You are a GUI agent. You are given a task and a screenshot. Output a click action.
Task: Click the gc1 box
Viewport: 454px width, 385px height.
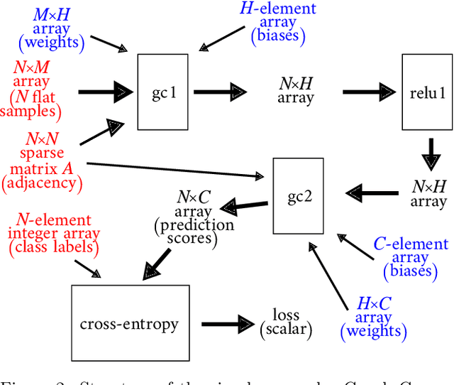(x=162, y=92)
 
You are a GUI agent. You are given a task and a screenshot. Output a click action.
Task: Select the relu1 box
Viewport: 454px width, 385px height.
(x=427, y=92)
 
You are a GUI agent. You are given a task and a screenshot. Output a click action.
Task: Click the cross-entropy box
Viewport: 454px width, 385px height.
(x=128, y=324)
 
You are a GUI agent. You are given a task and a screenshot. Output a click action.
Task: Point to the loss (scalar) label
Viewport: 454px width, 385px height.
(x=286, y=322)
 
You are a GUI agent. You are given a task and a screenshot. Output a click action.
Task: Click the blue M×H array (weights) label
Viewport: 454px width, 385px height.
(x=50, y=31)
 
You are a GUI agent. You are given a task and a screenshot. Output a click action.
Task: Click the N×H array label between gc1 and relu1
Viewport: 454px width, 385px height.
(x=296, y=91)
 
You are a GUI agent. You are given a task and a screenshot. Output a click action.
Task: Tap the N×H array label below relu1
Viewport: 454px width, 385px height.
(x=428, y=193)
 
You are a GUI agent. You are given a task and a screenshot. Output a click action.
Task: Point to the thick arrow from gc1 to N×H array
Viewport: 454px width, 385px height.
(x=218, y=91)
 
